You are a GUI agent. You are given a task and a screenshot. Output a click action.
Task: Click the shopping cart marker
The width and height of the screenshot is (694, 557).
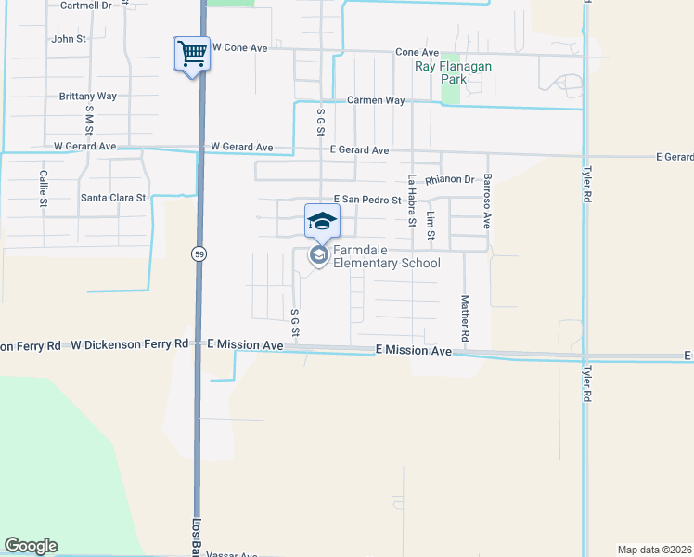[192, 54]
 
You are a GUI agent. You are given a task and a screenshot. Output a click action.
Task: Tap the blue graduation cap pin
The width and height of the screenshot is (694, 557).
[322, 221]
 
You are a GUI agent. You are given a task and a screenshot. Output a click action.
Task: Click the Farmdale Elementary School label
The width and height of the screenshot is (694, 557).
[386, 256]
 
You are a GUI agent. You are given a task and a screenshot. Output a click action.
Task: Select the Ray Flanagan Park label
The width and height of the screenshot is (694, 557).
[453, 72]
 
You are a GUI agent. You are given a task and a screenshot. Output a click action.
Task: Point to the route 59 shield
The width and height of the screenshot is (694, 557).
[199, 253]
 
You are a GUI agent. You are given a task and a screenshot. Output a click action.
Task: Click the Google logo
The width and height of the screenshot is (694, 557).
[31, 546]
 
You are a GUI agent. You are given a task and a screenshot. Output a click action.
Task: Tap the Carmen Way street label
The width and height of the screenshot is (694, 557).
[376, 100]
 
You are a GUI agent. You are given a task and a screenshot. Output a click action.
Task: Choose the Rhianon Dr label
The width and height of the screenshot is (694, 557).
[450, 180]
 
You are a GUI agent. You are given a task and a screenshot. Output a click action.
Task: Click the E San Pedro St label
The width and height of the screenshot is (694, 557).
[366, 200]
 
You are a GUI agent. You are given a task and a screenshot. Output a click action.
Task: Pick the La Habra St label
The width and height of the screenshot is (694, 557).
[411, 201]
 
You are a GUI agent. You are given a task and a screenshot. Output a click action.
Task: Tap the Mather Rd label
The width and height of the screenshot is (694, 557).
[465, 317]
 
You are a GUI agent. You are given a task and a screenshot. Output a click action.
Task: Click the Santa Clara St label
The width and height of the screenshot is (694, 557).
[113, 198]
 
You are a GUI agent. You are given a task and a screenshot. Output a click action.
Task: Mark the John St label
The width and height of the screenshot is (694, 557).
[69, 39]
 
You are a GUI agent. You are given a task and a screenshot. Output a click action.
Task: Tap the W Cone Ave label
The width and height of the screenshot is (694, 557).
[239, 46]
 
